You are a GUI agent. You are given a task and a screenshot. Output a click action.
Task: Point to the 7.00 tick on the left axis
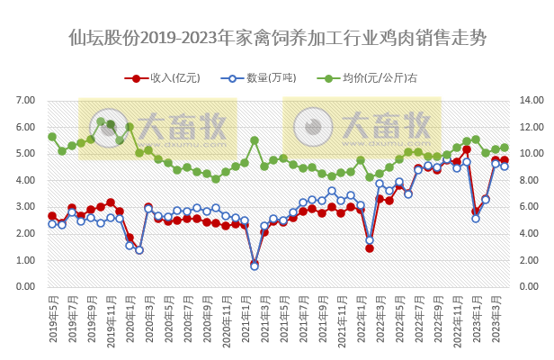[24, 101]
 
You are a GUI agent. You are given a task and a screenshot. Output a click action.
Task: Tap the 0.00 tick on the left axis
[24, 288]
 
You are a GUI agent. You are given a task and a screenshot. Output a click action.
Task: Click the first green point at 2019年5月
[51, 137]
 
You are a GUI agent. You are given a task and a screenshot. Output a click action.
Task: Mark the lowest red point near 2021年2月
[255, 263]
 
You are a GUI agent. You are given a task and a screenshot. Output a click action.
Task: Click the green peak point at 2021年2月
[255, 140]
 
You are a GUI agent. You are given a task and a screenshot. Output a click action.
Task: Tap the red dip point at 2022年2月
[370, 248]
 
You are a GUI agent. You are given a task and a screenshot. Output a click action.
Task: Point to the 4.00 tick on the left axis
[24, 181]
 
